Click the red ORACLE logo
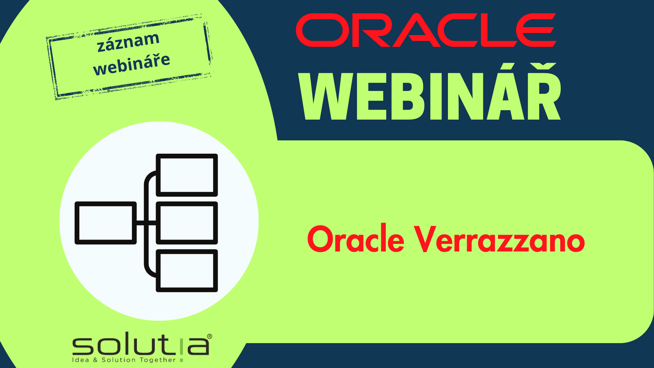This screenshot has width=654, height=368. click(x=426, y=30)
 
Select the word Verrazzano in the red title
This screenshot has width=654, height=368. click(x=499, y=240)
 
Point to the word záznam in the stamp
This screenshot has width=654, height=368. click(x=128, y=42)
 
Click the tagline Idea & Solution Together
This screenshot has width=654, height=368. click(x=124, y=360)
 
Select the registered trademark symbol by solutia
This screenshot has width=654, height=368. click(x=209, y=336)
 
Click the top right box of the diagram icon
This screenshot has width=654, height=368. click(x=187, y=175)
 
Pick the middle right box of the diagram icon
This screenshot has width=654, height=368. click(x=187, y=223)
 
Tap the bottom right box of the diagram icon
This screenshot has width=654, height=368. click(x=187, y=271)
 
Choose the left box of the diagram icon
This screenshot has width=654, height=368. click(x=106, y=223)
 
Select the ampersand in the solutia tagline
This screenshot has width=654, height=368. click(x=95, y=360)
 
